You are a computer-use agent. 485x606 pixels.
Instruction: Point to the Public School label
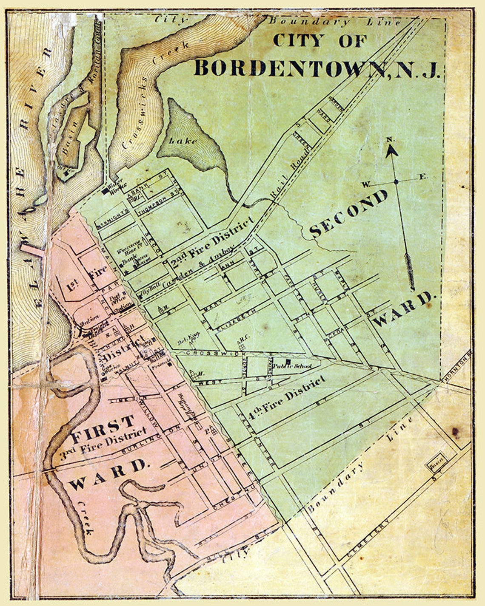[x=292, y=366]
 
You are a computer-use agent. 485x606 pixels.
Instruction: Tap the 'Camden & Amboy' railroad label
[x=198, y=268]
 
